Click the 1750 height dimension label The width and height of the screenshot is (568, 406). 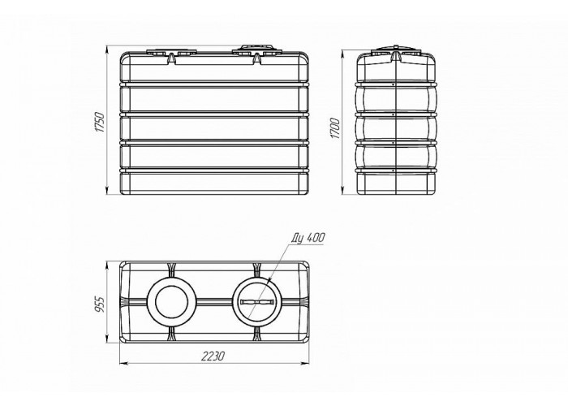(x=99, y=123)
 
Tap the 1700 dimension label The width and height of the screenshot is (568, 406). (x=334, y=128)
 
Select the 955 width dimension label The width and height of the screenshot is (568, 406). (x=99, y=304)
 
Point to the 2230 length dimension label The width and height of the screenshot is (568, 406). (x=213, y=356)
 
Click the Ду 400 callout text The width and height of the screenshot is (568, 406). (x=308, y=238)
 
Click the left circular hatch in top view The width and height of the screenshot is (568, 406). (x=171, y=301)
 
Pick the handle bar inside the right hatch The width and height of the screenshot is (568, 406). (x=257, y=302)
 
